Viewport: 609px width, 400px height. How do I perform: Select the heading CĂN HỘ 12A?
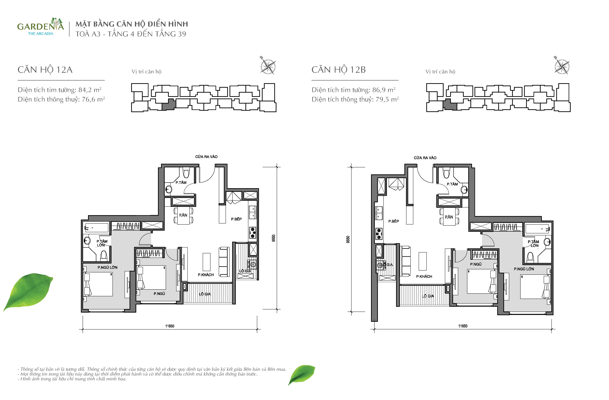click(x=45, y=70)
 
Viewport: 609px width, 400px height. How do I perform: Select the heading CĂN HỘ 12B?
click(x=339, y=70)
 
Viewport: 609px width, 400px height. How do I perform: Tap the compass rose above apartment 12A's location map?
click(x=268, y=66)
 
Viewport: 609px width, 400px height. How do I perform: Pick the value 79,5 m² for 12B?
click(x=387, y=99)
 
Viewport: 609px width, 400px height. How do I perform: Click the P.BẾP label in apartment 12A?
click(x=236, y=219)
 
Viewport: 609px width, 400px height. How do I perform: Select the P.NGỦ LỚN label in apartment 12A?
click(x=107, y=267)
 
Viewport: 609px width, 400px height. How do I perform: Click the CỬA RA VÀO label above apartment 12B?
click(x=425, y=158)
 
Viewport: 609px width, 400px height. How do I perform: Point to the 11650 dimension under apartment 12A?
click(x=170, y=326)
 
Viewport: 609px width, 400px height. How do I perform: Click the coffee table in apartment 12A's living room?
click(x=206, y=262)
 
